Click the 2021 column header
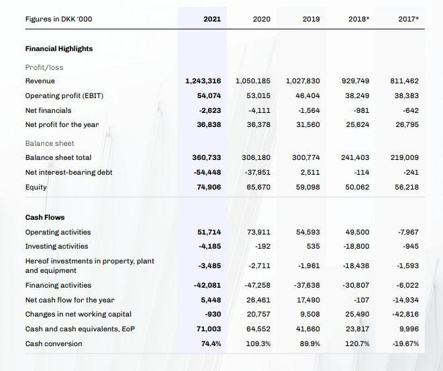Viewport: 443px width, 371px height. (x=211, y=19)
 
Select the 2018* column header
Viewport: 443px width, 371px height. (x=358, y=19)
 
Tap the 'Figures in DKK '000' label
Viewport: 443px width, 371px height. (x=58, y=19)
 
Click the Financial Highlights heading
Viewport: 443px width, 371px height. (x=59, y=48)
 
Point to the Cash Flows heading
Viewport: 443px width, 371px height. (x=45, y=217)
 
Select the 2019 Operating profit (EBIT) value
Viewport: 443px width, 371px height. (x=308, y=95)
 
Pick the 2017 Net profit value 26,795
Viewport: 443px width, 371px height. (x=407, y=125)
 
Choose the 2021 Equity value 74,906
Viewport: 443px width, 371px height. (x=209, y=187)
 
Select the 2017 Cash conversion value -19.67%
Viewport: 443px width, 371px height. (x=405, y=343)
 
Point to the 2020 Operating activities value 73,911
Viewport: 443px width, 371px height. (x=258, y=232)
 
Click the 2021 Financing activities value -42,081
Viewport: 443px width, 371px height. (x=209, y=286)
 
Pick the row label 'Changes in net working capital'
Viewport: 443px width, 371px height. (x=78, y=315)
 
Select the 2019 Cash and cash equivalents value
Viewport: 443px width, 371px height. (x=308, y=329)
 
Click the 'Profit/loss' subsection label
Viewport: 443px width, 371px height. (x=44, y=67)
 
